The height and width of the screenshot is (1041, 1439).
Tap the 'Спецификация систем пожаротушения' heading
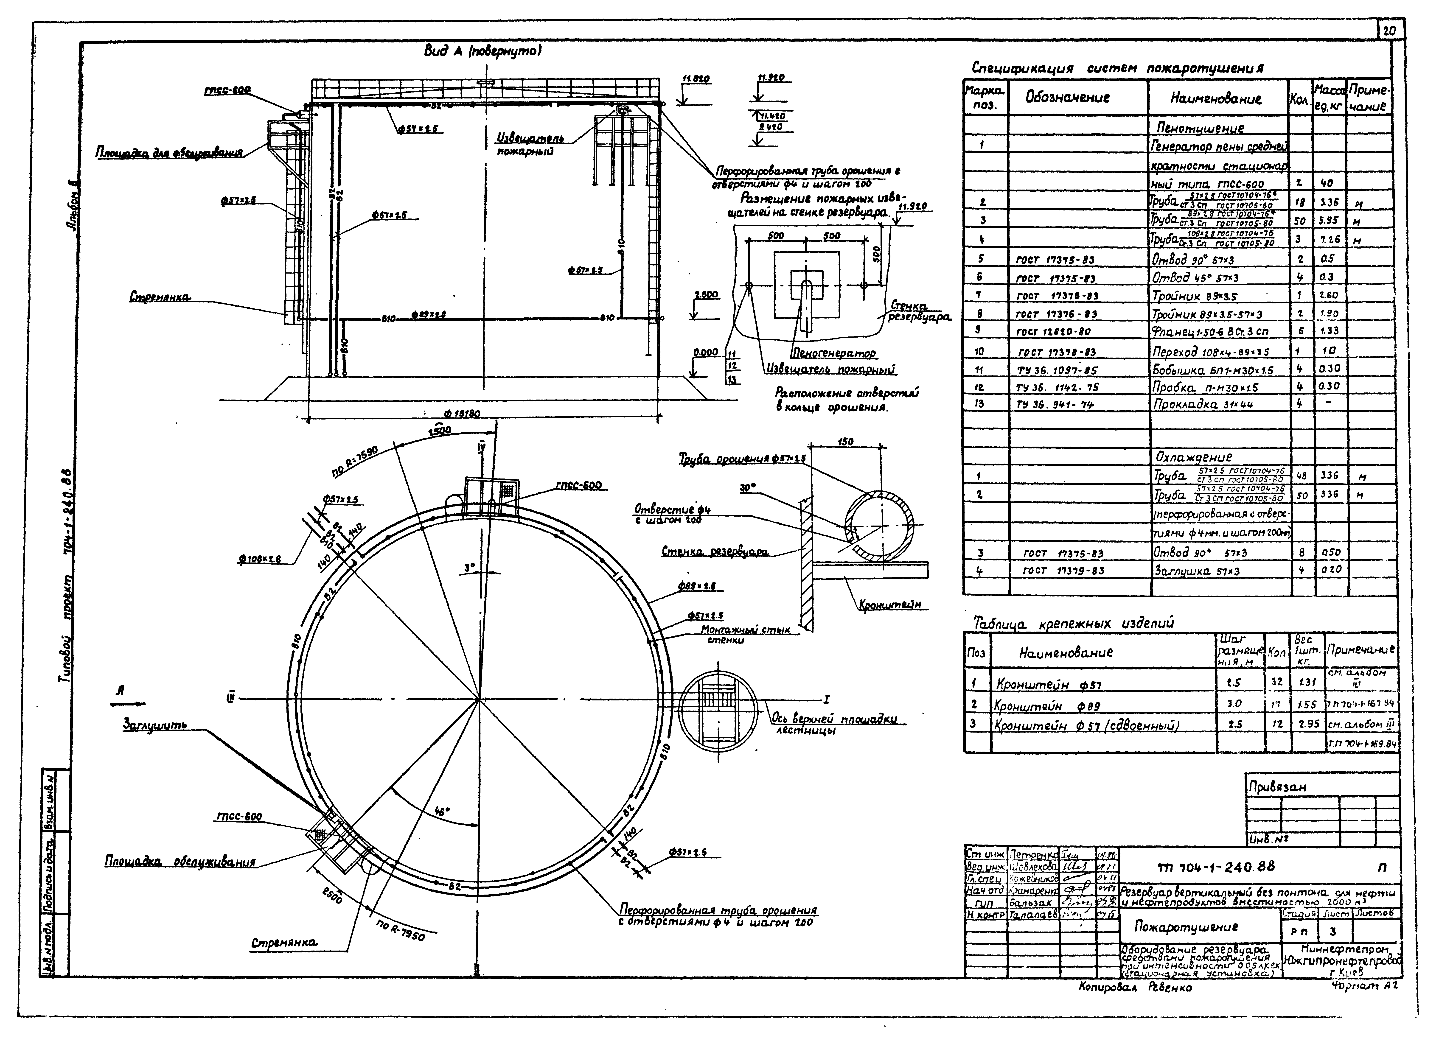[x=1117, y=68]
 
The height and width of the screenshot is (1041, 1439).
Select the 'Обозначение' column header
[x=1067, y=98]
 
